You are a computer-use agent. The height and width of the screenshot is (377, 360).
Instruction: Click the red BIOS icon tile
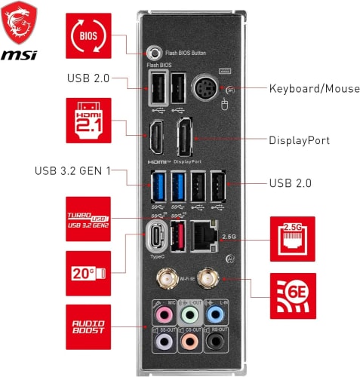click(88, 35)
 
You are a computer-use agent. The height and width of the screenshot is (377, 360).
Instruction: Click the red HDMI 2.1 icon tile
click(88, 121)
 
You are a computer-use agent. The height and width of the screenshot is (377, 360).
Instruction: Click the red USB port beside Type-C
click(179, 238)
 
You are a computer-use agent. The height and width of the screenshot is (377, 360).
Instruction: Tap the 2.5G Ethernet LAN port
click(205, 235)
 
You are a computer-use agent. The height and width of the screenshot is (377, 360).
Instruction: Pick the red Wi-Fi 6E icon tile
click(293, 296)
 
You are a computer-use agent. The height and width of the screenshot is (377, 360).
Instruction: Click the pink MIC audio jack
click(159, 314)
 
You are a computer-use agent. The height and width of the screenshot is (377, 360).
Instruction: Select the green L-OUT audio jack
click(191, 314)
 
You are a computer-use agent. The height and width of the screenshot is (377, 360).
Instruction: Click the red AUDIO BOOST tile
click(88, 326)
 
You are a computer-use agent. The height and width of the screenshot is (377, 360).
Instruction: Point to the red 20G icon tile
click(88, 272)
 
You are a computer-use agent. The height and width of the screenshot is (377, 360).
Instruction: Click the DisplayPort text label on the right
click(300, 140)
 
